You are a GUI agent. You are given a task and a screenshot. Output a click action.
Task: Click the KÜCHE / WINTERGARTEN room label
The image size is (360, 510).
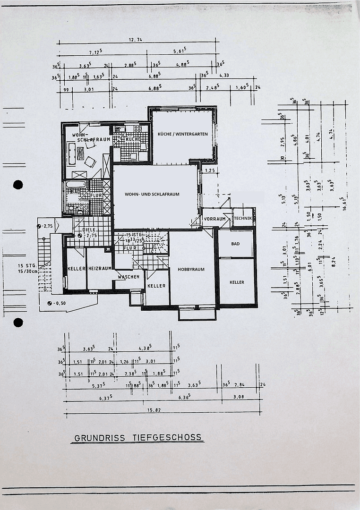(x=183, y=134)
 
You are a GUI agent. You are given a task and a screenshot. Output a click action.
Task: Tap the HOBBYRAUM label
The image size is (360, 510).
(x=191, y=269)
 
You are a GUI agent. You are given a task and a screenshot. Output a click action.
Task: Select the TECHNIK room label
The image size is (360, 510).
(x=243, y=218)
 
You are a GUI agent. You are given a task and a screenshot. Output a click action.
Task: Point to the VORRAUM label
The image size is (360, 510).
(x=215, y=219)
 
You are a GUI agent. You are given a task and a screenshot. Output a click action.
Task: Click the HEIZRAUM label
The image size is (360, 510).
(x=99, y=268)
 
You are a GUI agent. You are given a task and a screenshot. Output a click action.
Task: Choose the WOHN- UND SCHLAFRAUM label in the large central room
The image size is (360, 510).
(x=152, y=194)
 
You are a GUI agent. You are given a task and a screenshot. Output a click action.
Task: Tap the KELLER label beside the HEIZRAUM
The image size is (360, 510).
(x=76, y=268)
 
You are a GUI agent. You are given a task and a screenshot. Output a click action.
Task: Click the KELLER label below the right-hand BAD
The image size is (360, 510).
(x=237, y=282)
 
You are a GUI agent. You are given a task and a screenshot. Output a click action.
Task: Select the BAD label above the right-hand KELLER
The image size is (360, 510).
(x=235, y=245)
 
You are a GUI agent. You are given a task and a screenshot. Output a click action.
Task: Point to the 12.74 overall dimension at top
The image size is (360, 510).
(x=135, y=40)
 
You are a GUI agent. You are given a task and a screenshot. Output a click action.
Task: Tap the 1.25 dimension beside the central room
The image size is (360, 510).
(x=210, y=170)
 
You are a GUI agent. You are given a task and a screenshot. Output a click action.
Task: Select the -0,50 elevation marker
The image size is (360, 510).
(x=59, y=303)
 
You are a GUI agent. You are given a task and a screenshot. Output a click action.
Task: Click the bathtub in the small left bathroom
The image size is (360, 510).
(x=76, y=184)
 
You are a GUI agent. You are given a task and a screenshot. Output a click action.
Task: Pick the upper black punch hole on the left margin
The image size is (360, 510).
(x=18, y=185)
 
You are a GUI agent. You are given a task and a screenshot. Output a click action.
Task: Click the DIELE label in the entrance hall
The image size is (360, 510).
(x=89, y=230)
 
